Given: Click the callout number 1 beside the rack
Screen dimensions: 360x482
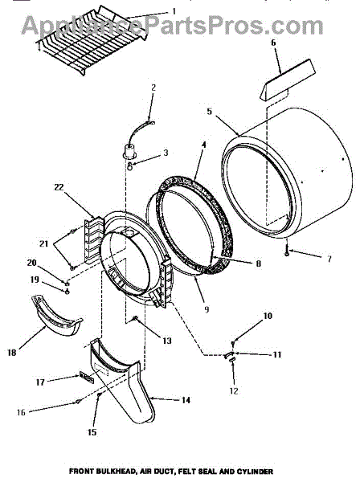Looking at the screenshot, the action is [x=174, y=12].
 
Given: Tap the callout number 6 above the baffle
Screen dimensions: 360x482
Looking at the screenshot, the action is [x=273, y=43].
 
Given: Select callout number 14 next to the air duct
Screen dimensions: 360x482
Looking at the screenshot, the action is [x=186, y=400].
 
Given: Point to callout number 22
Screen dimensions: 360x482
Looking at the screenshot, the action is [x=59, y=187].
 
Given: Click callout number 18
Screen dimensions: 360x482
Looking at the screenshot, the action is [x=12, y=353].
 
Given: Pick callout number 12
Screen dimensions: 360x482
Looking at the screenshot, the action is [x=234, y=390].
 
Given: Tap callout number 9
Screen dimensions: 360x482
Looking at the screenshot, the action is [x=207, y=309].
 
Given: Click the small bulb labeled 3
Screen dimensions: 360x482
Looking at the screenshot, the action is [x=130, y=167].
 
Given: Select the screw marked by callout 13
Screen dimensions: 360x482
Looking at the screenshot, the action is [x=135, y=318].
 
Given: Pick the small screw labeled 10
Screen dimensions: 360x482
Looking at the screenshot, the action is [x=233, y=342].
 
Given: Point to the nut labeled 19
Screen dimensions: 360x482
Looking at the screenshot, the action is [x=67, y=292].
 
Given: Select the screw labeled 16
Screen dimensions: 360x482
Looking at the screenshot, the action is [x=78, y=401].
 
